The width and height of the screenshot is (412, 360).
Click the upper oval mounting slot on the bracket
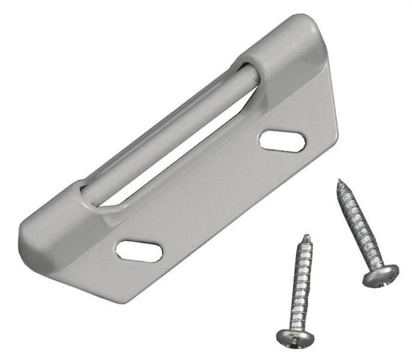(282, 140)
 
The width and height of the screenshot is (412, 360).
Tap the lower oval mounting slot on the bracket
(139, 250)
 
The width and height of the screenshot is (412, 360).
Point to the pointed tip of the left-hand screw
(307, 237)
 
